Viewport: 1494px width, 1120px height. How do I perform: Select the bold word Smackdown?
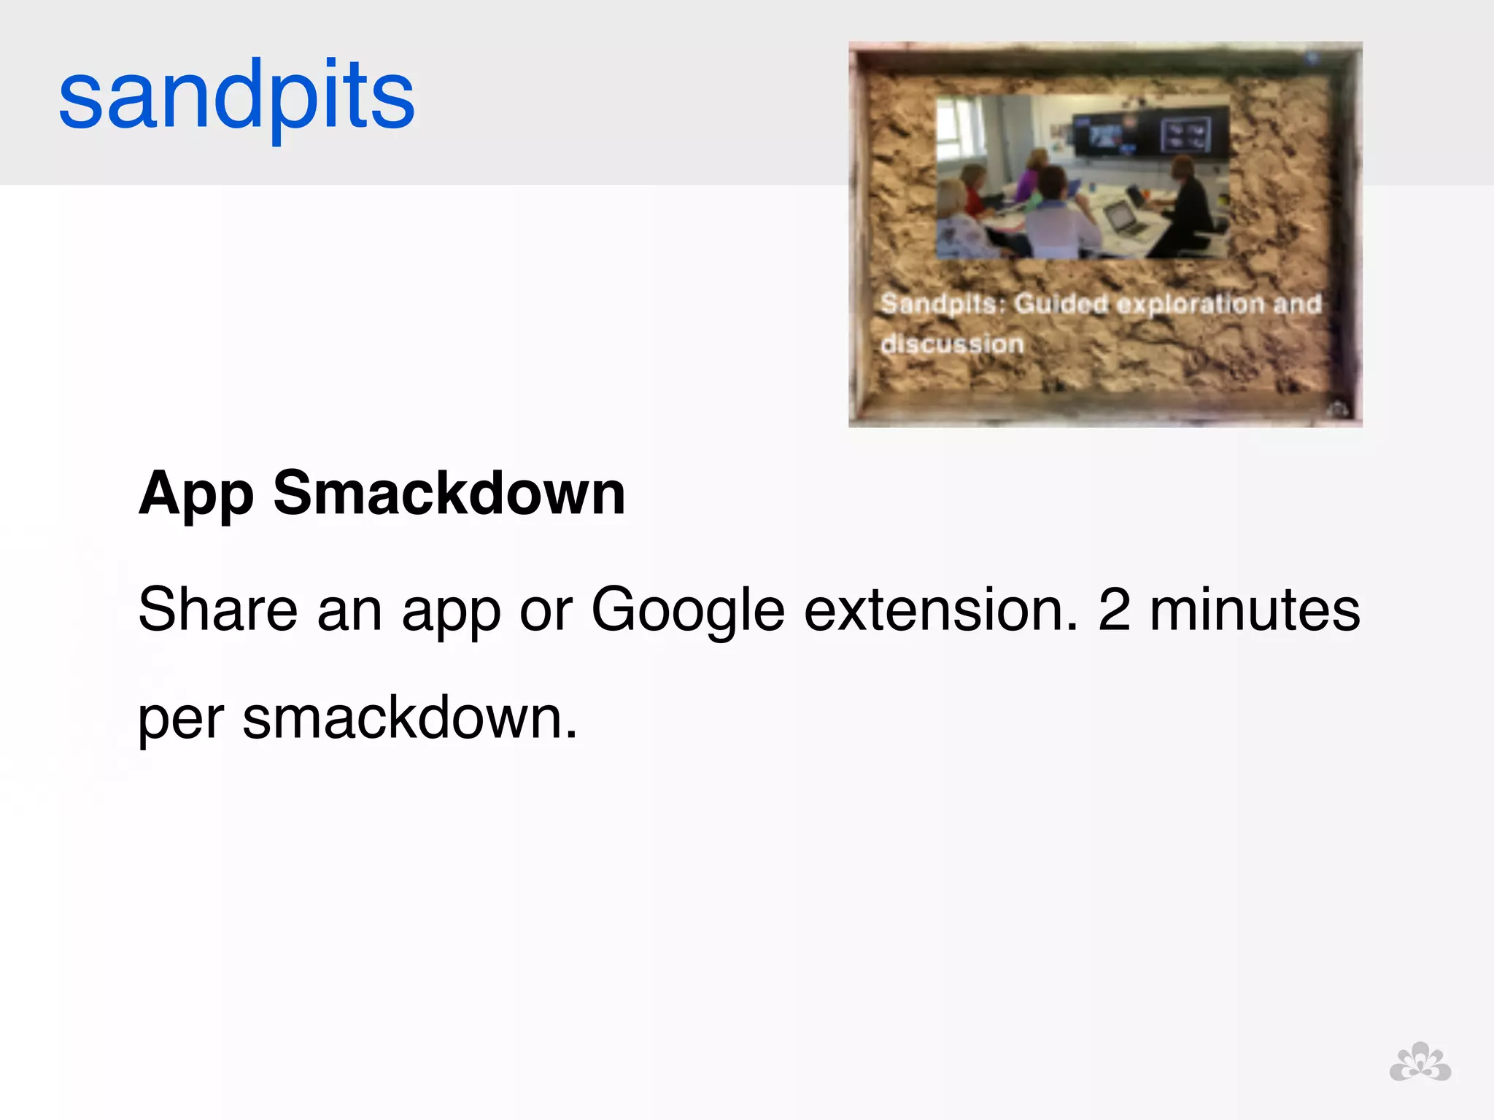tap(449, 493)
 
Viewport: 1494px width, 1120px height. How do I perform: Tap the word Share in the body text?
tap(217, 610)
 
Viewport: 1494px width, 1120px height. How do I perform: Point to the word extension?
tap(940, 610)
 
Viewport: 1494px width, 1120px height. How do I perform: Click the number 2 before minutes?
tap(1114, 610)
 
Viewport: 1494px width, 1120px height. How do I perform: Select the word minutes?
tap(1255, 610)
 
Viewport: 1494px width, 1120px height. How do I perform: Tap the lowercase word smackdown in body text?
tap(409, 717)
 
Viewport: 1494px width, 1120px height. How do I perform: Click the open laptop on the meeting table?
tap(1123, 219)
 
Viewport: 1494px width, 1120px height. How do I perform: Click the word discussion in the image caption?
tap(952, 343)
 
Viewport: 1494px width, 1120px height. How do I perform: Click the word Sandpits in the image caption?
tap(941, 303)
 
